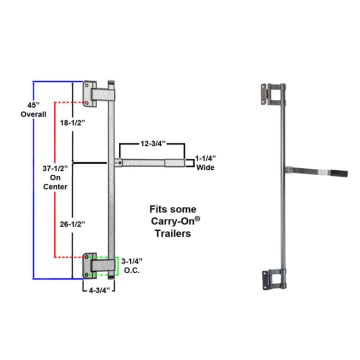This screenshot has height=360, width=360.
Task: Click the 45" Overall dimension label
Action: pyautogui.click(x=33, y=110)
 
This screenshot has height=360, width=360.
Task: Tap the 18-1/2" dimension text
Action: pyautogui.click(x=71, y=123)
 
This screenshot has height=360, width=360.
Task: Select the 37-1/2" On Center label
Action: pyautogui.click(x=55, y=177)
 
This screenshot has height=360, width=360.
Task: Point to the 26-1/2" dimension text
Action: pyautogui.click(x=71, y=224)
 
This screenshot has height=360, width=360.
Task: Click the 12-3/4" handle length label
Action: pyautogui.click(x=152, y=144)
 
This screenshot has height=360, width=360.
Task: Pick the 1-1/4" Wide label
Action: pyautogui.click(x=205, y=163)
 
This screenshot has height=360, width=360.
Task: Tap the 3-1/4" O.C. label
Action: pyautogui.click(x=131, y=266)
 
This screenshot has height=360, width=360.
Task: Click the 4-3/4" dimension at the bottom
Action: pyautogui.click(x=99, y=290)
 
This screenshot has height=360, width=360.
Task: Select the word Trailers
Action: pyautogui.click(x=173, y=233)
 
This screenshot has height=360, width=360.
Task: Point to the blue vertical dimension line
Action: pyautogui.click(x=33, y=180)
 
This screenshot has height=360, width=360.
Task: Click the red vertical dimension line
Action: pyautogui.click(x=55, y=180)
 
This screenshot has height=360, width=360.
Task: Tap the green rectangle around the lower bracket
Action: pyautogui.click(x=118, y=266)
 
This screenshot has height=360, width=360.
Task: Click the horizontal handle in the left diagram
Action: pyautogui.click(x=149, y=163)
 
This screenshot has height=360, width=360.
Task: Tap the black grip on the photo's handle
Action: pyautogui.click(x=338, y=173)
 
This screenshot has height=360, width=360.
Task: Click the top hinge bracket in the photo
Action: pyautogui.click(x=273, y=95)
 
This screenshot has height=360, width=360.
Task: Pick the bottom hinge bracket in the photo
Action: pyautogui.click(x=274, y=280)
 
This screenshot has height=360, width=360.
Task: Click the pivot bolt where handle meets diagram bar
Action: pyautogui.click(x=120, y=163)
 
